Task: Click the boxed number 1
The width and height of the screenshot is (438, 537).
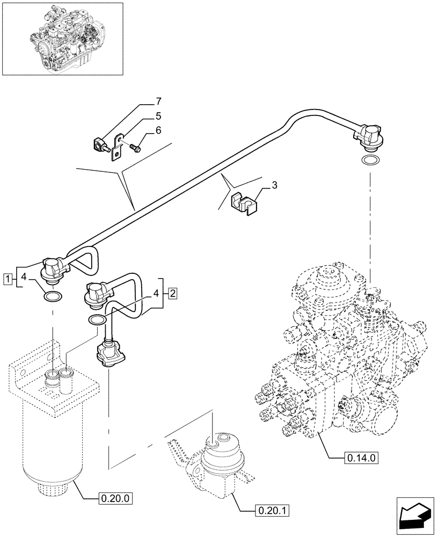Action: (x=7, y=278)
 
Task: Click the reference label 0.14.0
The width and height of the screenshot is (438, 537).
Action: (x=360, y=458)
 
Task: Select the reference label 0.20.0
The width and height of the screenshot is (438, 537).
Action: (x=115, y=498)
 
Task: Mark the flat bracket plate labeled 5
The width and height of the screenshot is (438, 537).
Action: (x=117, y=150)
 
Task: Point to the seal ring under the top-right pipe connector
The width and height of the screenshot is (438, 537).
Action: (x=370, y=160)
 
